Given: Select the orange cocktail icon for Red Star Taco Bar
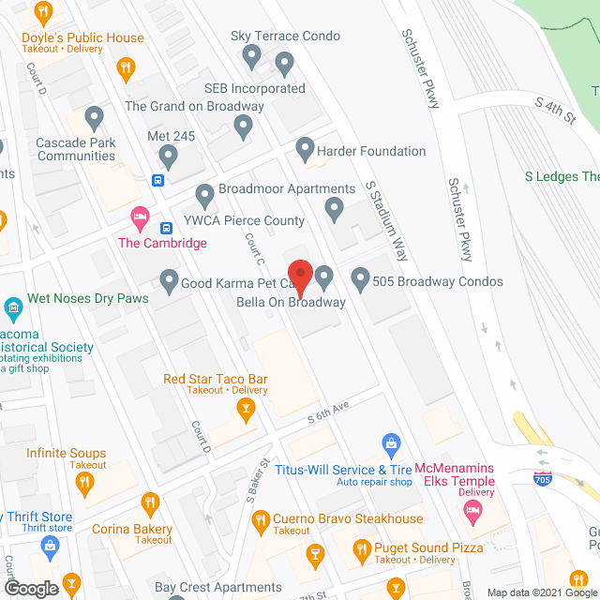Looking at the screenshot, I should click(x=245, y=408).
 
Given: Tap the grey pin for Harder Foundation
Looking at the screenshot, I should click(x=305, y=148).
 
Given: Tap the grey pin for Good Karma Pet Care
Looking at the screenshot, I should click(x=169, y=278).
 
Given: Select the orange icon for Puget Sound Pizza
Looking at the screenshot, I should click(x=361, y=548).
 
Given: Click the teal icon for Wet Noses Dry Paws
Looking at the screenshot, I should click(x=13, y=307).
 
